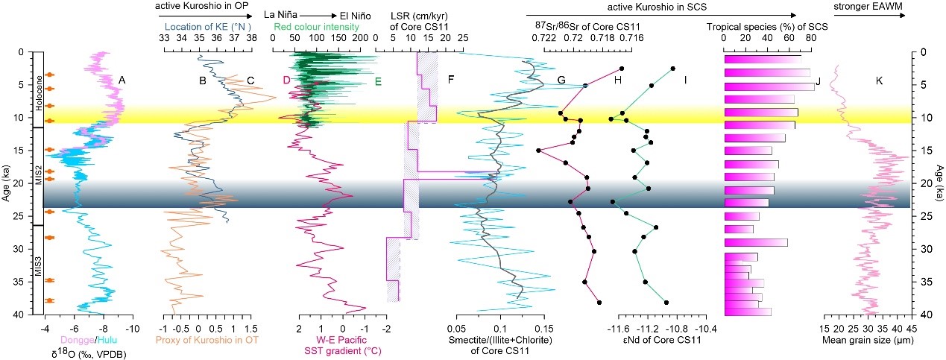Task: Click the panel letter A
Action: click(121, 81)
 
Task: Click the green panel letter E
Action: click(377, 81)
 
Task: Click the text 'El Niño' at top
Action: click(357, 13)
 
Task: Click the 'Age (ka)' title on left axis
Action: click(7, 183)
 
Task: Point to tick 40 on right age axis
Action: click(923, 315)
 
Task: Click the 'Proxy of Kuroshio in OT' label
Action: click(205, 341)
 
